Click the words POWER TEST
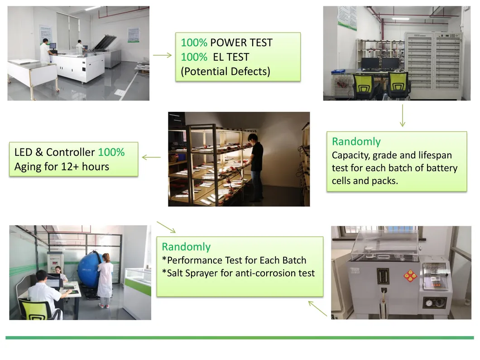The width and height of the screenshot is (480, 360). point(241,43)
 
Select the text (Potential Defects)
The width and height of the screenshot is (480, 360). point(226,72)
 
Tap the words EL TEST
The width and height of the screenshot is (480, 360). point(231,57)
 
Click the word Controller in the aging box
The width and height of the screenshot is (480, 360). point(70,152)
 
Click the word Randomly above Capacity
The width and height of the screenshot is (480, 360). point(356,142)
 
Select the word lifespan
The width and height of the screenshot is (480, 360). point(435,155)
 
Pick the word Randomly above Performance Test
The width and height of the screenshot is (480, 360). point(186,247)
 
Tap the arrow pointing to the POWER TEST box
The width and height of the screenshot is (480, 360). point(162,55)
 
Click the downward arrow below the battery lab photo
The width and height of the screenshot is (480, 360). point(403,115)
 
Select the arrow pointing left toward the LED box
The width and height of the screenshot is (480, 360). point(151,157)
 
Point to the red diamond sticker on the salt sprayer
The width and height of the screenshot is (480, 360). point(410,276)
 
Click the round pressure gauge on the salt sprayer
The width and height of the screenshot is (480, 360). point(429,302)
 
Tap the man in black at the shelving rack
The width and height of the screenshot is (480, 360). point(255,167)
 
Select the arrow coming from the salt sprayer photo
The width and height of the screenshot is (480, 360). point(317,308)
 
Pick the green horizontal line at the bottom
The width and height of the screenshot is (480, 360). point(240,338)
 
